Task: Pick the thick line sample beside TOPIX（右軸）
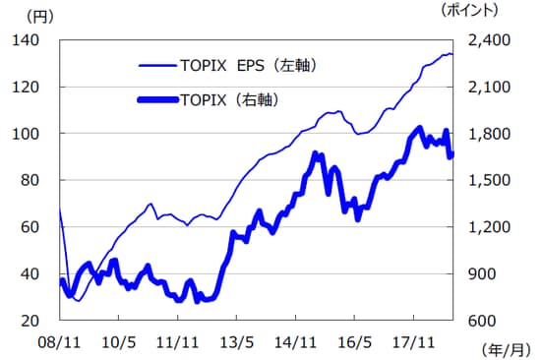coord(155,98)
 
